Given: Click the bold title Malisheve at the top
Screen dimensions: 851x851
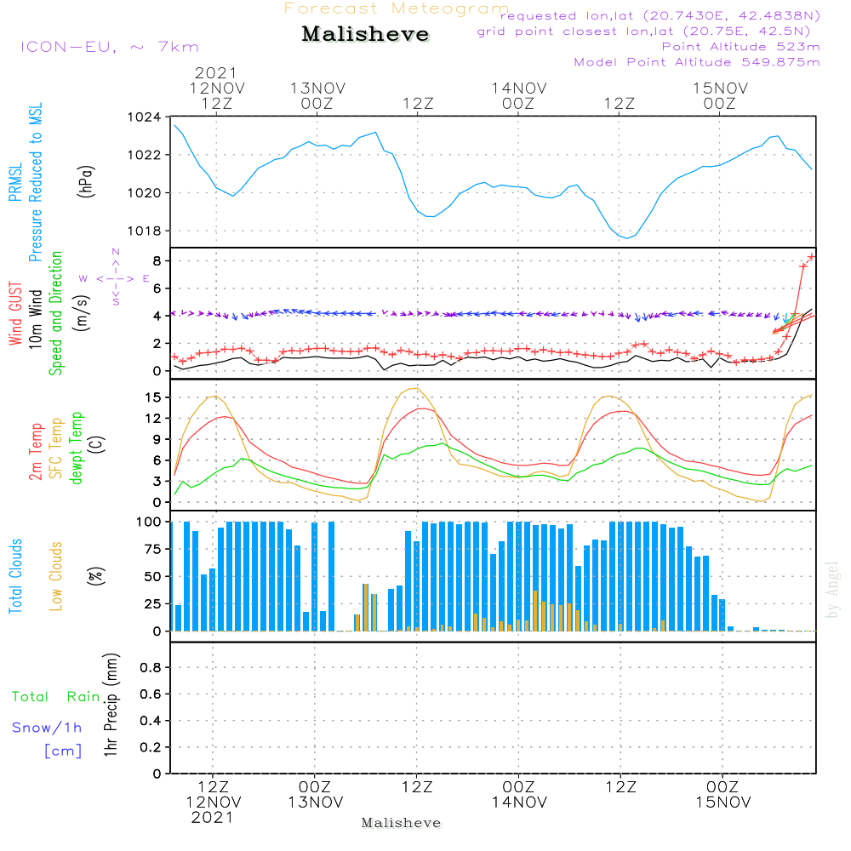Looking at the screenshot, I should pyautogui.click(x=365, y=35).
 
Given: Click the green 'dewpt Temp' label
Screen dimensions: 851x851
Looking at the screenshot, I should pyautogui.click(x=77, y=448).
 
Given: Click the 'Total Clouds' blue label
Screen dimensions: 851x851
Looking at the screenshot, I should pyautogui.click(x=16, y=576).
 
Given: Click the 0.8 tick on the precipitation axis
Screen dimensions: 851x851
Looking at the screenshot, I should pyautogui.click(x=151, y=668).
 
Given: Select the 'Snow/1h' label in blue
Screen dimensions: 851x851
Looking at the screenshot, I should pyautogui.click(x=48, y=728).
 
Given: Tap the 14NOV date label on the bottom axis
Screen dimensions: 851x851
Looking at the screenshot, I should pyautogui.click(x=518, y=802).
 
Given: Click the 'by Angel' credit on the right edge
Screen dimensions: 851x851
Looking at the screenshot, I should pyautogui.click(x=832, y=590).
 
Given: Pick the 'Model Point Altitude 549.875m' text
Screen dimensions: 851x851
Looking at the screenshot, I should pyautogui.click(x=697, y=62).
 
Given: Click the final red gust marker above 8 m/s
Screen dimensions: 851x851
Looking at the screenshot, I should pyautogui.click(x=812, y=256).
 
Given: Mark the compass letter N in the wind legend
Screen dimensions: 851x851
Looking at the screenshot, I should pyautogui.click(x=116, y=253).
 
